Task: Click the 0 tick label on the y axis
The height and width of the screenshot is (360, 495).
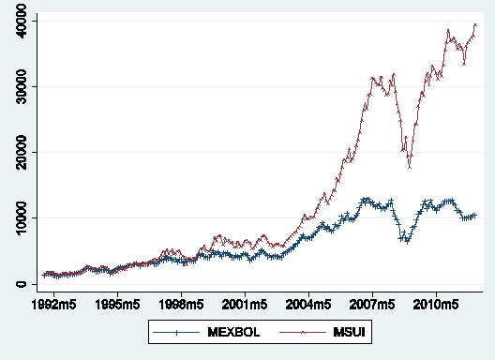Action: [21, 284]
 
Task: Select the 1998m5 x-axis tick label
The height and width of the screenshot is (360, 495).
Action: [181, 306]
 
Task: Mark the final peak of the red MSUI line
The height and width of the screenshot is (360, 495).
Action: [475, 24]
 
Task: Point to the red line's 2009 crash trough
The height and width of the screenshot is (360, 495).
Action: [410, 167]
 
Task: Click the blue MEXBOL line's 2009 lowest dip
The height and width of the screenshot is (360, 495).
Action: [407, 242]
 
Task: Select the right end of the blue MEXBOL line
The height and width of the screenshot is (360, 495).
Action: [475, 216]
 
